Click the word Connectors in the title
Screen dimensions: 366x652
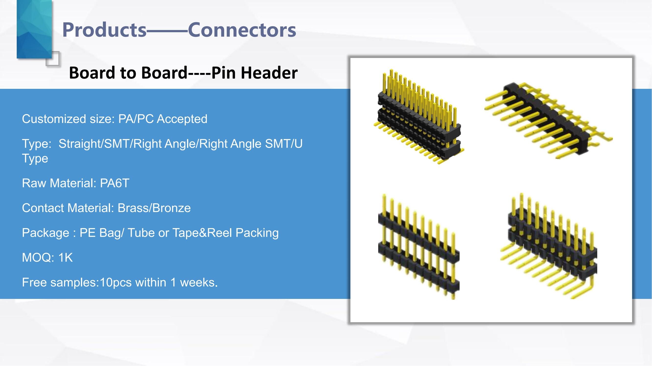pos(242,30)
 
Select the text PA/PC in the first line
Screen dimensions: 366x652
pos(136,119)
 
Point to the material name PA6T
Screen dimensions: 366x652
pos(114,183)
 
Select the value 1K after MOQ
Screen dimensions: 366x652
pos(65,258)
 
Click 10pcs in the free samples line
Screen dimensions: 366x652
pos(115,282)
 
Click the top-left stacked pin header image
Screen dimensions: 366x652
pos(419,117)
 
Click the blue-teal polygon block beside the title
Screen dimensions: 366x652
pos(34,29)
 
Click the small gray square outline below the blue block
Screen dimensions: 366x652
pos(53,59)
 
